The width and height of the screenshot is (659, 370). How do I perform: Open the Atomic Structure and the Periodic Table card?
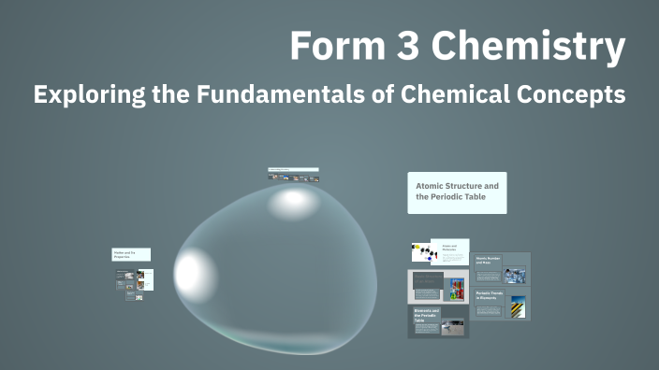click(457, 192)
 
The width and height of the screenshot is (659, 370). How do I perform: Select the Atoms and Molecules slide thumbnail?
click(439, 252)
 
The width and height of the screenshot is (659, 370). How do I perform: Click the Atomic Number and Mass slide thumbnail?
click(501, 268)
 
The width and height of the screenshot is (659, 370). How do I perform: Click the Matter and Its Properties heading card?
click(132, 254)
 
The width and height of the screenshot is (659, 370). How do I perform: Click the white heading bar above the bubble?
click(293, 170)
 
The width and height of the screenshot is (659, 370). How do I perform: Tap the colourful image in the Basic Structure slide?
click(457, 288)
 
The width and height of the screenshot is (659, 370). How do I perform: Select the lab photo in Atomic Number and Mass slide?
click(515, 275)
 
